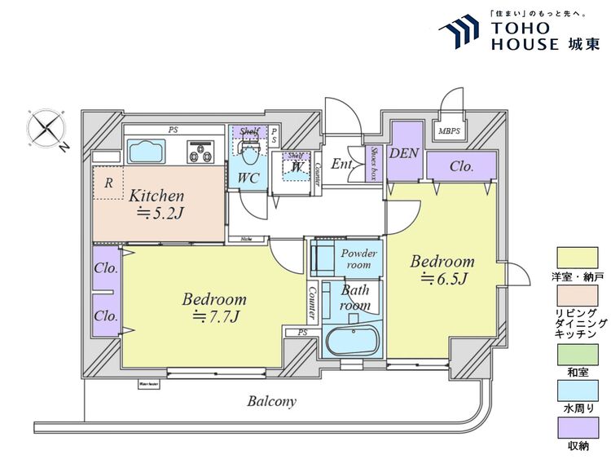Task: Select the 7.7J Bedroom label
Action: [x=213, y=307]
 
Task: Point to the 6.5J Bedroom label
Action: [x=442, y=270]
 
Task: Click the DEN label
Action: [x=403, y=152]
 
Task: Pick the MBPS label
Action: [x=449, y=130]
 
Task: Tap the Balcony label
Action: [x=273, y=401]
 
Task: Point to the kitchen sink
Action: [x=147, y=152]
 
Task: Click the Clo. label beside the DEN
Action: [x=462, y=166]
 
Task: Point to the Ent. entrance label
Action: [x=342, y=165]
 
